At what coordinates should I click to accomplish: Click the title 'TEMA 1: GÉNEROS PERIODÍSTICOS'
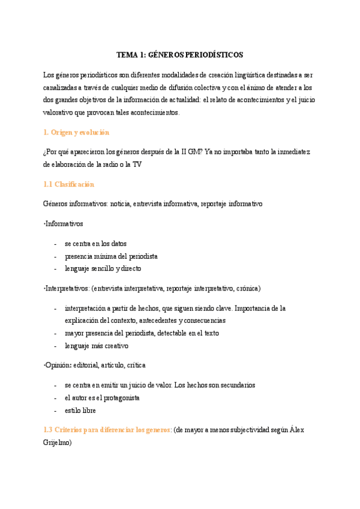pos(179,55)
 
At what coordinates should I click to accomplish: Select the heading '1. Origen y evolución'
pos(76,132)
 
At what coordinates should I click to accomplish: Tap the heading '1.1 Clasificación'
pos(69,184)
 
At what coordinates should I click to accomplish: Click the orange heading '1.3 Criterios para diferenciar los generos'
pos(107,430)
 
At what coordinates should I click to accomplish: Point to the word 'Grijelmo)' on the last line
pos(58,443)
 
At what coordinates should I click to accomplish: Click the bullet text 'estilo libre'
pos(80,411)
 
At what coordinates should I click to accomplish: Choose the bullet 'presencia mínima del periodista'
pos(112,256)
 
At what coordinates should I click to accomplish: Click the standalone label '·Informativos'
pos(64,223)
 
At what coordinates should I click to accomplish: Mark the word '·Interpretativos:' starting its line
pos(66,288)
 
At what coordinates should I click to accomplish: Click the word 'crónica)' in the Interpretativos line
pos(248,288)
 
